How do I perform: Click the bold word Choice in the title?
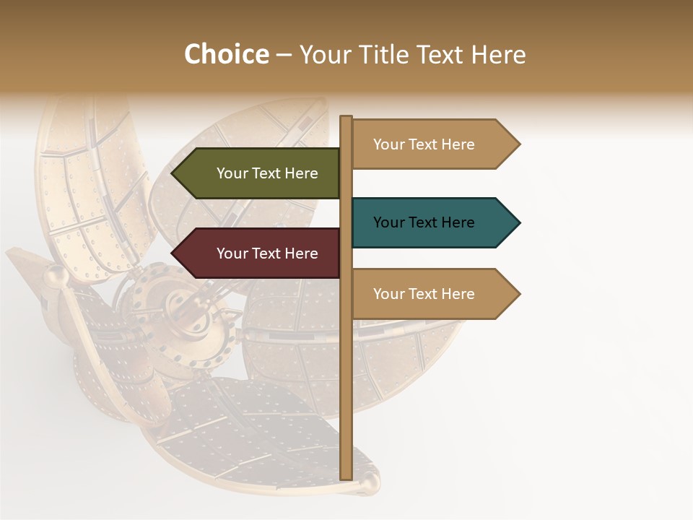(226, 55)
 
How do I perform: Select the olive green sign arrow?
(260, 173)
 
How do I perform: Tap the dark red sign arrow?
(260, 253)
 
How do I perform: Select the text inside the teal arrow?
(424, 222)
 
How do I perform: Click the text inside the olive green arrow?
(267, 173)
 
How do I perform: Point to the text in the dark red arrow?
(267, 253)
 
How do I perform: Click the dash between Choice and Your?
(284, 55)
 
